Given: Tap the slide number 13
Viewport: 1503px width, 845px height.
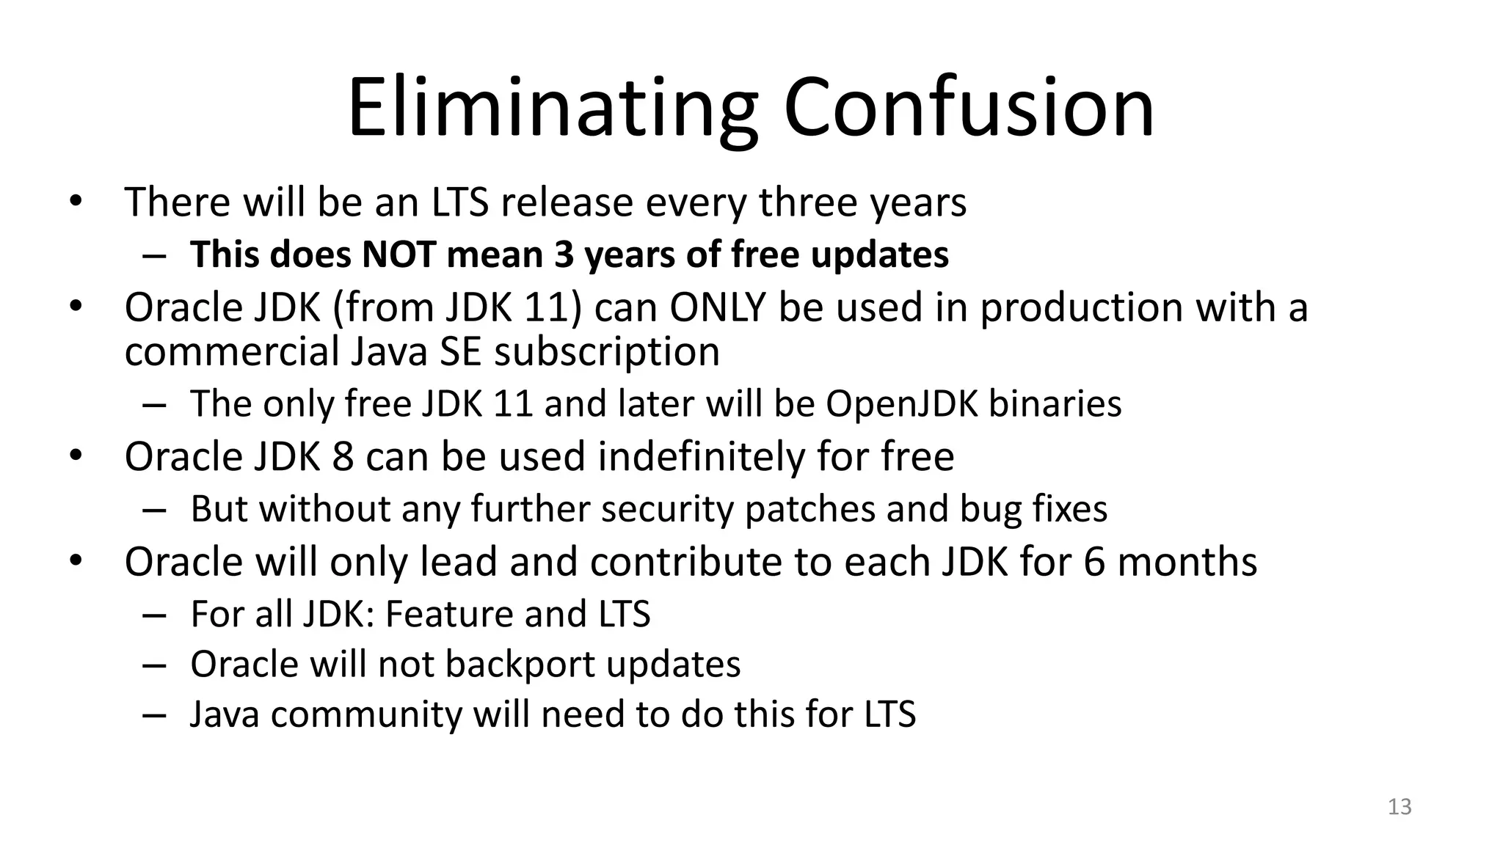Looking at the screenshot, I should (x=1400, y=807).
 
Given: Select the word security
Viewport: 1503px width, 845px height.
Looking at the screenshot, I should (x=667, y=509).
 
